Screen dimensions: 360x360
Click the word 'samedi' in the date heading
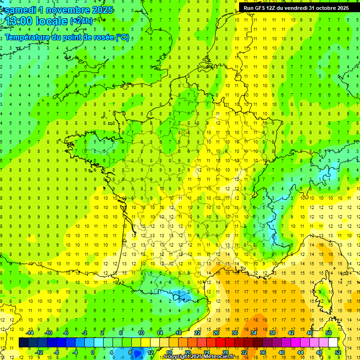[19, 10]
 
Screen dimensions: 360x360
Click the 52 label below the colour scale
[337, 352]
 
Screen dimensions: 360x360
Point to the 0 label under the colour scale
[93, 352]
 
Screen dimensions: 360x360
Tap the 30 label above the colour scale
[234, 333]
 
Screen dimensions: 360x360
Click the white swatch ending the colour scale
[333, 343]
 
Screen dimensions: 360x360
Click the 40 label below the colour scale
[281, 352]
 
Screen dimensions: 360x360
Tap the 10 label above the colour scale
[141, 333]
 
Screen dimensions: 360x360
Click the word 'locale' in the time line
[53, 21]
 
